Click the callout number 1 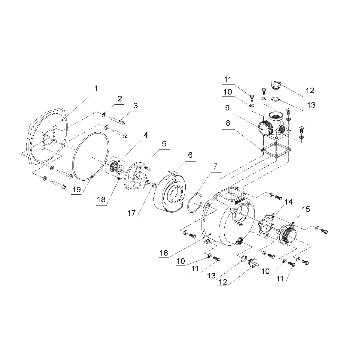[96, 88]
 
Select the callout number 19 [77, 190]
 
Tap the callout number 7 [215, 166]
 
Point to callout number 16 [164, 253]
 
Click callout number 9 [227, 108]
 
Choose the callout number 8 [228, 123]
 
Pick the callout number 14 [288, 202]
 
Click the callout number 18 [101, 200]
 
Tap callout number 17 [132, 213]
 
